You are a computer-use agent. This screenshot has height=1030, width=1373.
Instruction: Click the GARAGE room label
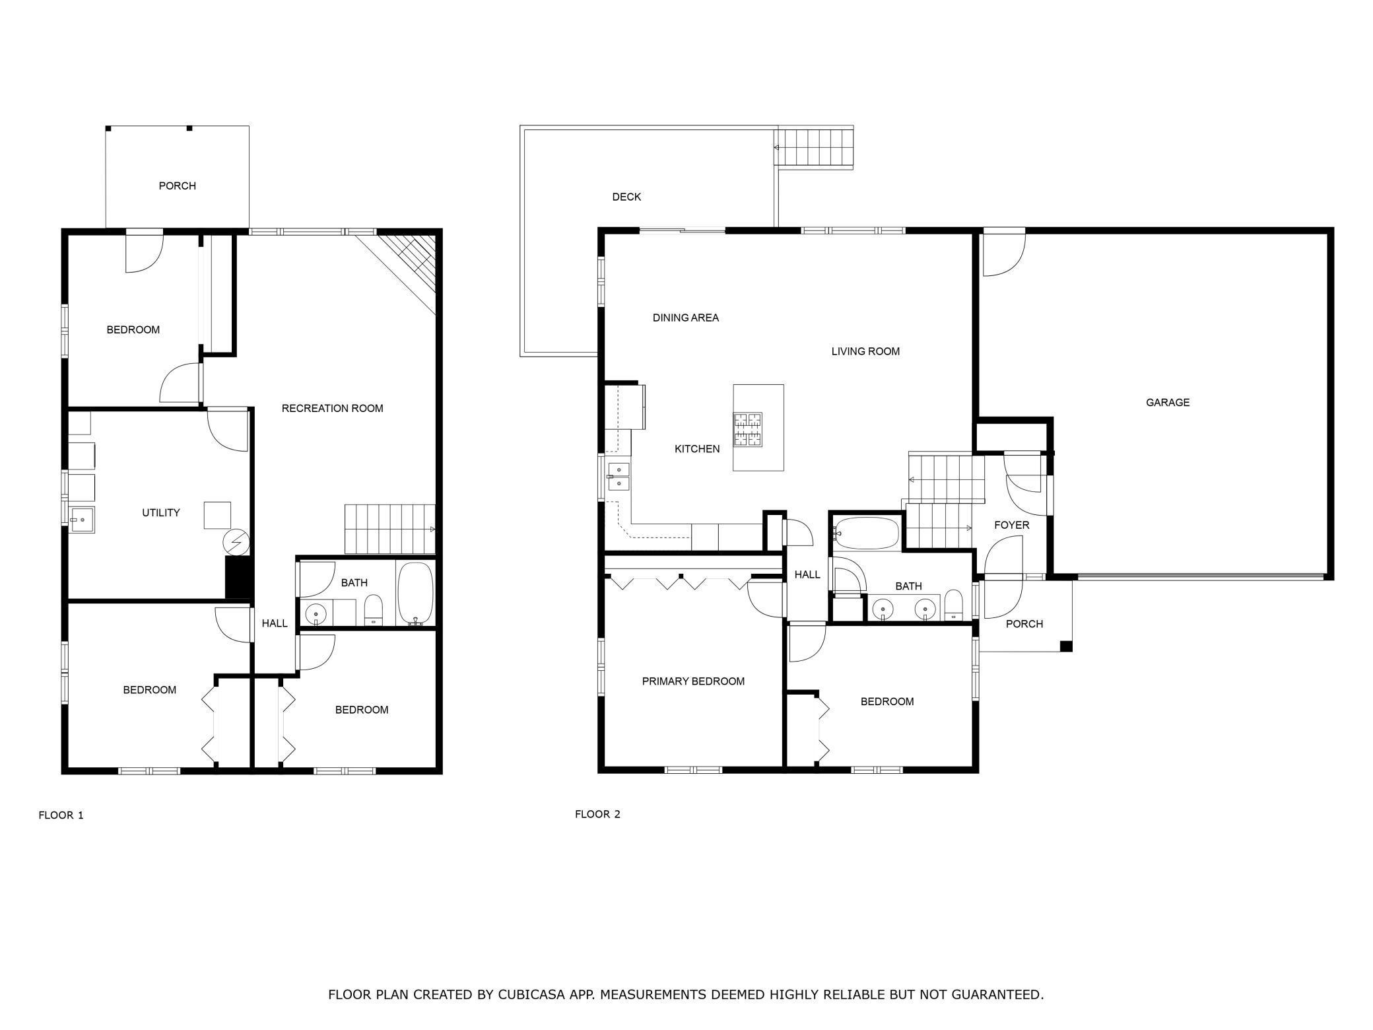(1167, 402)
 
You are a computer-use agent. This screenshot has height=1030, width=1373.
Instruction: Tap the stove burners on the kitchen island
(748, 429)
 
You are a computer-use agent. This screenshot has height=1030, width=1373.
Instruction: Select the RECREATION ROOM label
(332, 408)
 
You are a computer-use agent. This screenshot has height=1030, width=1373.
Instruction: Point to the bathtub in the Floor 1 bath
(415, 594)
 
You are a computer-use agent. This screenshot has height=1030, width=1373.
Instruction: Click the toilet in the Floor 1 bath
(374, 609)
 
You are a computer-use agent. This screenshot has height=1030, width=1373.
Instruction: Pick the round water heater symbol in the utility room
(236, 543)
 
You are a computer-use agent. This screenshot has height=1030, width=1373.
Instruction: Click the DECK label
(626, 197)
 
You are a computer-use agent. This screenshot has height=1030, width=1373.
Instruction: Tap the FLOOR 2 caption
(597, 814)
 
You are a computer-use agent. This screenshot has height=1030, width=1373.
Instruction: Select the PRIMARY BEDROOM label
(693, 681)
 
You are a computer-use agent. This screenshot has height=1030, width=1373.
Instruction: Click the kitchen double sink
(619, 476)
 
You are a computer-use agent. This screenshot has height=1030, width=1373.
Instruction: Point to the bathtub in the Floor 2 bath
(866, 533)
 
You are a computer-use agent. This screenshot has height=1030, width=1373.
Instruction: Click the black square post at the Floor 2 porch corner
(1065, 646)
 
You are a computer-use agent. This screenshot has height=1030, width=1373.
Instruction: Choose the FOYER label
(1011, 525)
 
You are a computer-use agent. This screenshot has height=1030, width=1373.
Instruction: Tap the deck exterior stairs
(814, 147)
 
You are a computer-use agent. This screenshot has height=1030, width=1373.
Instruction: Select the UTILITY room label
(161, 512)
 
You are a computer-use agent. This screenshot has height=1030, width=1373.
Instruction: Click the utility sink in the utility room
(82, 520)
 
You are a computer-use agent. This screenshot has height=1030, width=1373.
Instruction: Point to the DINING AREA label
(685, 318)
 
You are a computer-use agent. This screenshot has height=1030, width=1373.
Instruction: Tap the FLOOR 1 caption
(61, 815)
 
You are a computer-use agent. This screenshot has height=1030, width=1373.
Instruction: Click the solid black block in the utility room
(239, 577)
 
